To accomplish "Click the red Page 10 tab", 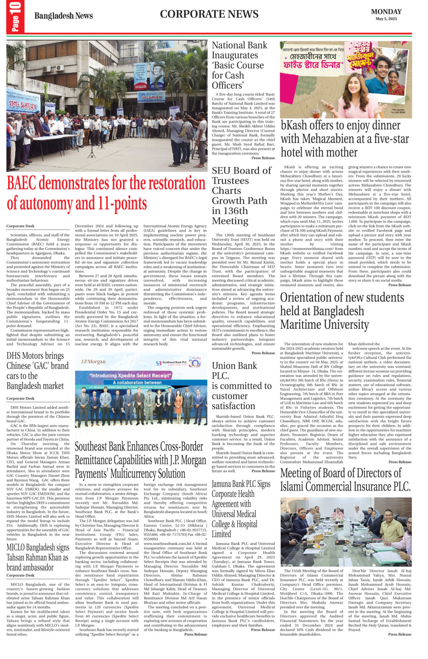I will [x=15, y=17].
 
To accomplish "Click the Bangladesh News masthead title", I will [x=63, y=16].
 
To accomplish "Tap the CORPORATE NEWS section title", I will [x=209, y=14].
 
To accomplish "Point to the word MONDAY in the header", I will [x=386, y=11].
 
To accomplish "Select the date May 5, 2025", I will [x=386, y=19].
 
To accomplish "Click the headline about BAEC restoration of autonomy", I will [x=106, y=193].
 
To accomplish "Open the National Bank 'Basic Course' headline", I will [x=240, y=65].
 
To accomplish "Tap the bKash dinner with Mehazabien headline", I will [x=344, y=138].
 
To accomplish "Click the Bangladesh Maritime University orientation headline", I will [x=342, y=311].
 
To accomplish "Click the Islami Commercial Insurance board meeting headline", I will [x=345, y=479].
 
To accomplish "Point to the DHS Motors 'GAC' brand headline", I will [x=37, y=371].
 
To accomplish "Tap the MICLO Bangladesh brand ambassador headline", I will [x=37, y=557].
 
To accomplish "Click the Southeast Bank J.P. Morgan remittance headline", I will [x=140, y=460].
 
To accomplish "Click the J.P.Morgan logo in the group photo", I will [x=94, y=362].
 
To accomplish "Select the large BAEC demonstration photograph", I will [x=106, y=105].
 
